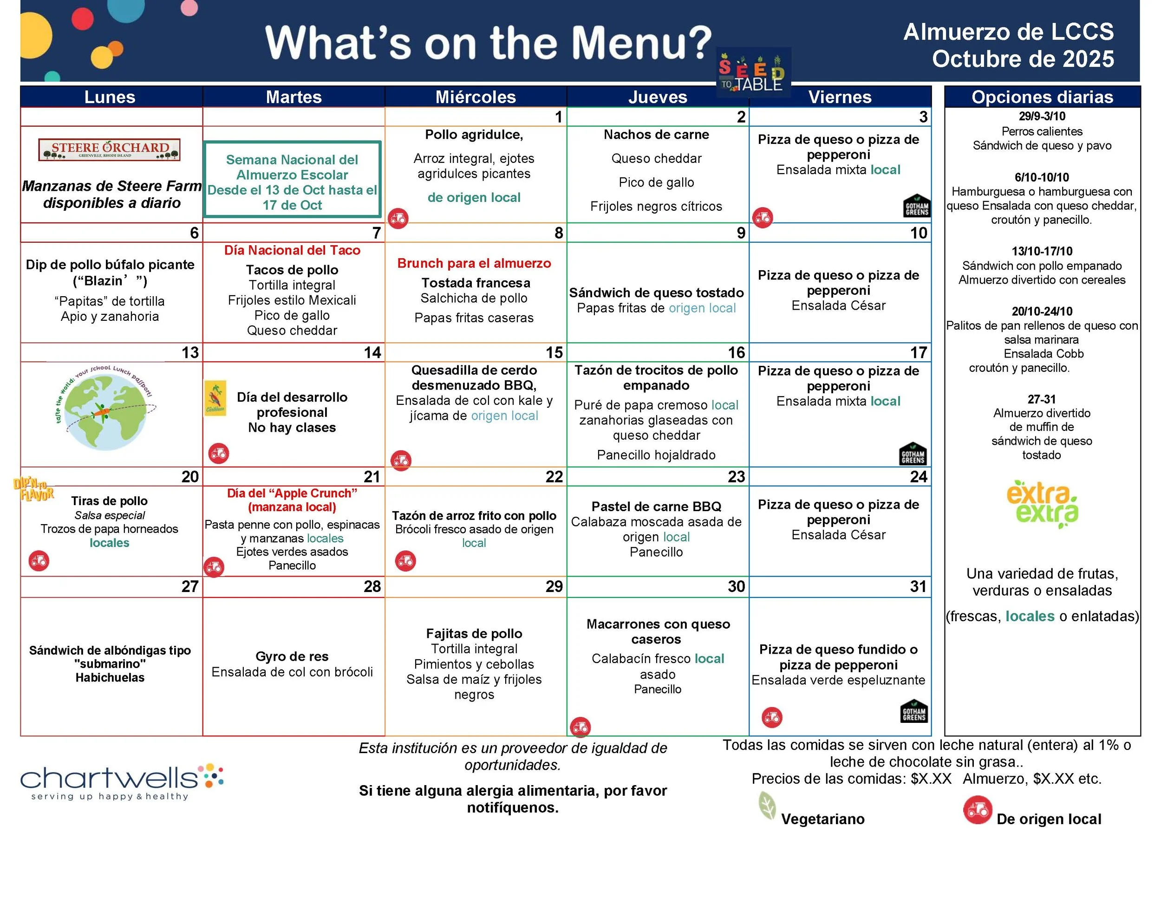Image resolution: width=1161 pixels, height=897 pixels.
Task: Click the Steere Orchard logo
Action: point(109,149)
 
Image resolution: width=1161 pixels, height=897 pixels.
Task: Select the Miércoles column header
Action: point(475,97)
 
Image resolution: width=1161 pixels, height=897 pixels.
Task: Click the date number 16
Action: point(736,352)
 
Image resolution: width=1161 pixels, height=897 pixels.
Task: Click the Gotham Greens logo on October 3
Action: point(916,206)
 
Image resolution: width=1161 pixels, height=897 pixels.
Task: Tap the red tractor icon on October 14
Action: point(218,453)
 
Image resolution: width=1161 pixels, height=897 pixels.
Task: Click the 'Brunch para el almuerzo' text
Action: point(474,263)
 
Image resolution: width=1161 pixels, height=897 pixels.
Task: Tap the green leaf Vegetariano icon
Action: point(767,806)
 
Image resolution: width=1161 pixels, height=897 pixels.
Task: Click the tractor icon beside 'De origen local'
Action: point(977,810)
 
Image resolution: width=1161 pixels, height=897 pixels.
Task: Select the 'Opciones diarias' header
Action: point(1042,97)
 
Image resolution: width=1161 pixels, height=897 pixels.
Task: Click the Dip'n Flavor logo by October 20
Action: point(33,489)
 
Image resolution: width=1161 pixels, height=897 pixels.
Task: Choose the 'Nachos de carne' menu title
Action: point(656,135)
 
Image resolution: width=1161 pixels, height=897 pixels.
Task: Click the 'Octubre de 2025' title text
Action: point(1022,58)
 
